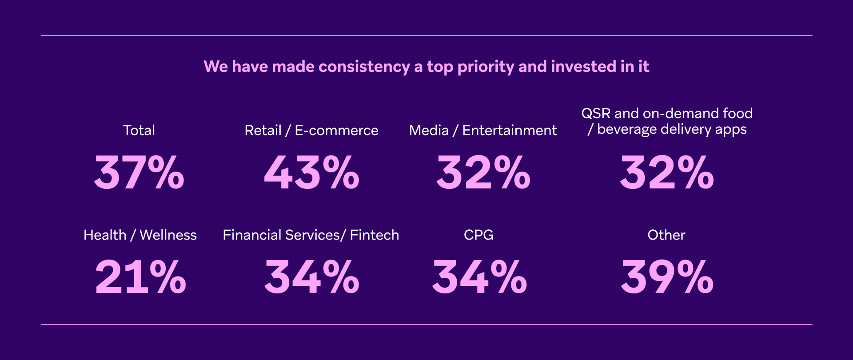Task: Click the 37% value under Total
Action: point(139,172)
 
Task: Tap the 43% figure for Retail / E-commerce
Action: point(311,172)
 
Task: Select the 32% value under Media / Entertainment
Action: point(483,172)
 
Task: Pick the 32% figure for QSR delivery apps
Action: point(667,172)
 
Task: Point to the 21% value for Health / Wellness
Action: point(140,277)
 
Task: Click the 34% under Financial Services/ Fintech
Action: point(311,277)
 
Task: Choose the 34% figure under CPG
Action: point(479,277)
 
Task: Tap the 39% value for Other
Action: point(667,277)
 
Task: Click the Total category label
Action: point(139,130)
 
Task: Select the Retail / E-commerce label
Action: point(311,130)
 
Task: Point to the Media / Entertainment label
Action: point(483,130)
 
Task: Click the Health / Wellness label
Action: point(140,235)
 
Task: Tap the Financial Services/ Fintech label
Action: point(311,235)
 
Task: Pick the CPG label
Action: point(479,235)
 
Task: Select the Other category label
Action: point(666,235)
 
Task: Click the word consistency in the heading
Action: point(364,67)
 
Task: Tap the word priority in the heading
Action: point(486,67)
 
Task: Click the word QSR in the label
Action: point(596,113)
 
